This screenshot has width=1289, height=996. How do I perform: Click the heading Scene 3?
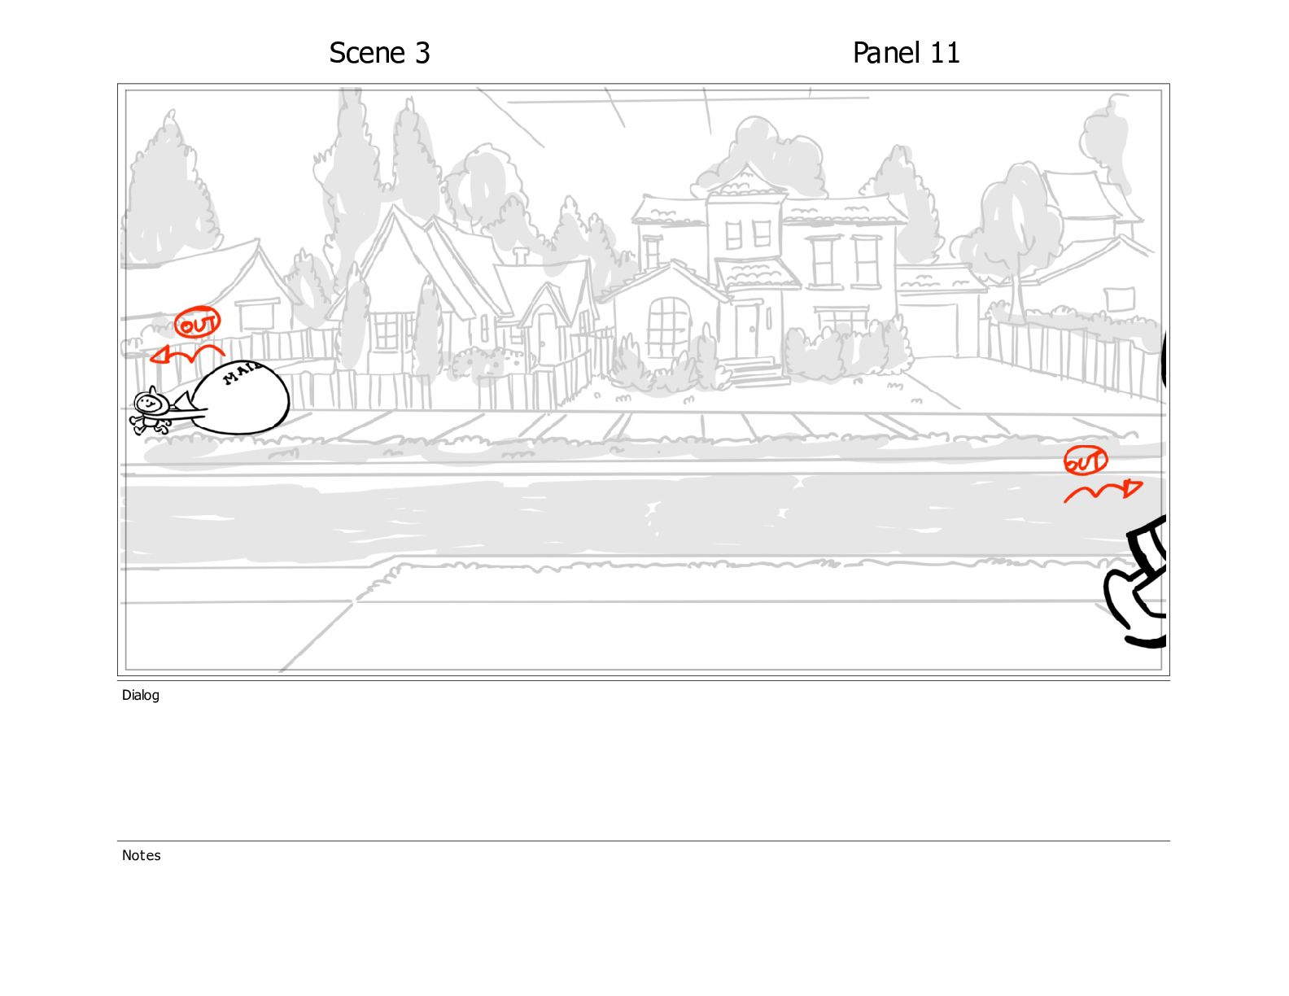coord(379,53)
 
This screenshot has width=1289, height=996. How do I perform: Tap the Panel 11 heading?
coord(905,53)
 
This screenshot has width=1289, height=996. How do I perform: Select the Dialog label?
coord(141,695)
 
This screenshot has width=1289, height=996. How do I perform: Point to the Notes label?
coord(141,854)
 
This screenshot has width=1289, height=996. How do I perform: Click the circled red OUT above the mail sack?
coord(197,323)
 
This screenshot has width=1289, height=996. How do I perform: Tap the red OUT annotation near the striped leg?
coord(1085,461)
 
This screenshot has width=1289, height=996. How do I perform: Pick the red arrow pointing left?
coord(186,354)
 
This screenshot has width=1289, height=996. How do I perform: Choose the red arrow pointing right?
coord(1103,491)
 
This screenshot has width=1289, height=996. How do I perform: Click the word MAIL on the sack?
coord(242,372)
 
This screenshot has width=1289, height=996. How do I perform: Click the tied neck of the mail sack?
coord(184,403)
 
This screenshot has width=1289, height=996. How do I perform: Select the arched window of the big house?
coord(669,327)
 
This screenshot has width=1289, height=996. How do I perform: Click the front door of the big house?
coord(748,330)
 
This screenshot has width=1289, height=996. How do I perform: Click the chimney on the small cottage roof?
coord(521,256)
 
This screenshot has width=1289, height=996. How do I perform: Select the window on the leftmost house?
coord(257,315)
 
